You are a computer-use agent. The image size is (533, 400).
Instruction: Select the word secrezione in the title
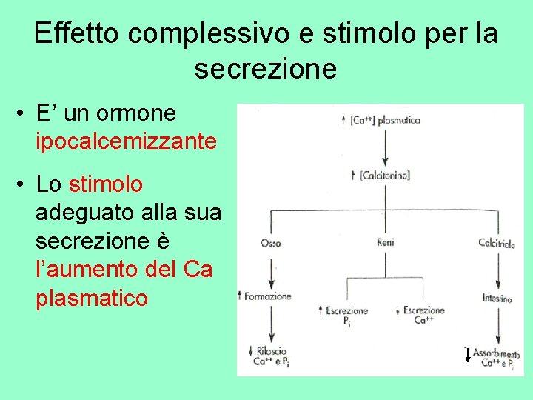coord(266,69)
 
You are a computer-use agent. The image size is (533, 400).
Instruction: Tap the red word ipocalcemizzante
coord(126,141)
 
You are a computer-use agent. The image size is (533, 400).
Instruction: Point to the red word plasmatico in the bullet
coord(92,299)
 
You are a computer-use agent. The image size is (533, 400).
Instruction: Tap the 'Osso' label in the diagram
coord(271,242)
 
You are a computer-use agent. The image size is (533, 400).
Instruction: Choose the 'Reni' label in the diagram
coord(385,242)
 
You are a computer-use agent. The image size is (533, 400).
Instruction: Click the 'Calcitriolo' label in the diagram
coord(497,242)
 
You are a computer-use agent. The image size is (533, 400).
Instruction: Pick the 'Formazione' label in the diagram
coord(266,296)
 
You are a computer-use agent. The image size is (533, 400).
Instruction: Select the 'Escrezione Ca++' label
coord(424,315)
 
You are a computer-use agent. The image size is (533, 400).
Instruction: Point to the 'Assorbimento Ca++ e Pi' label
coord(495,358)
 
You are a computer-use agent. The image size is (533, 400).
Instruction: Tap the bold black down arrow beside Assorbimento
coord(467,355)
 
